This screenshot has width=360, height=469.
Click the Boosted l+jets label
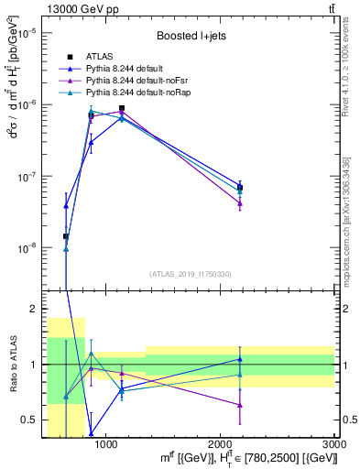click(187, 36)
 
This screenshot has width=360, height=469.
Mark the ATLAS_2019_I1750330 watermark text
click(191, 274)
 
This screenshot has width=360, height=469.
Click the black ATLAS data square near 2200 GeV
click(240, 187)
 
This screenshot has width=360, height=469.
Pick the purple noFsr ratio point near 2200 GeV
click(240, 404)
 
